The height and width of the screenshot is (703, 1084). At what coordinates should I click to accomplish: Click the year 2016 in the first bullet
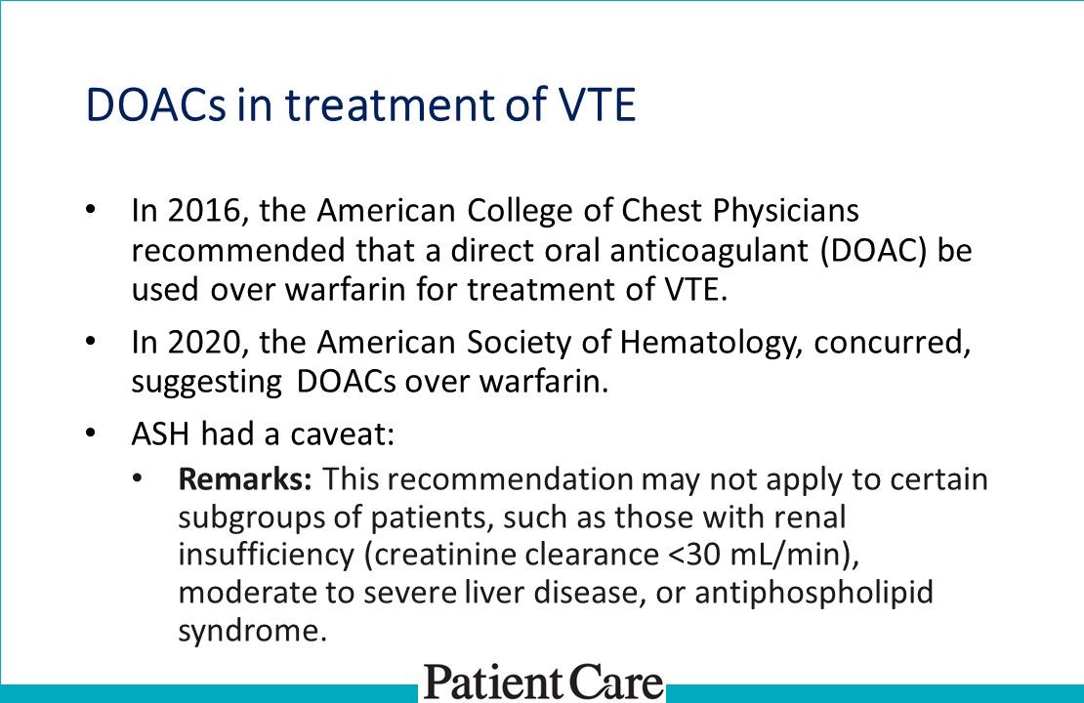point(190,211)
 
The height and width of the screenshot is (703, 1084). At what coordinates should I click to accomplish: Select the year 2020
point(190,343)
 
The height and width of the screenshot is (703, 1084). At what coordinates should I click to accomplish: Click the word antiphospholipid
point(813,594)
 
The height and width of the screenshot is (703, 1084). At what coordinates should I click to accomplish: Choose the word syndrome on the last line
point(249,631)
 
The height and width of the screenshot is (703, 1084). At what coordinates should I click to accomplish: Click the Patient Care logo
point(543,682)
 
